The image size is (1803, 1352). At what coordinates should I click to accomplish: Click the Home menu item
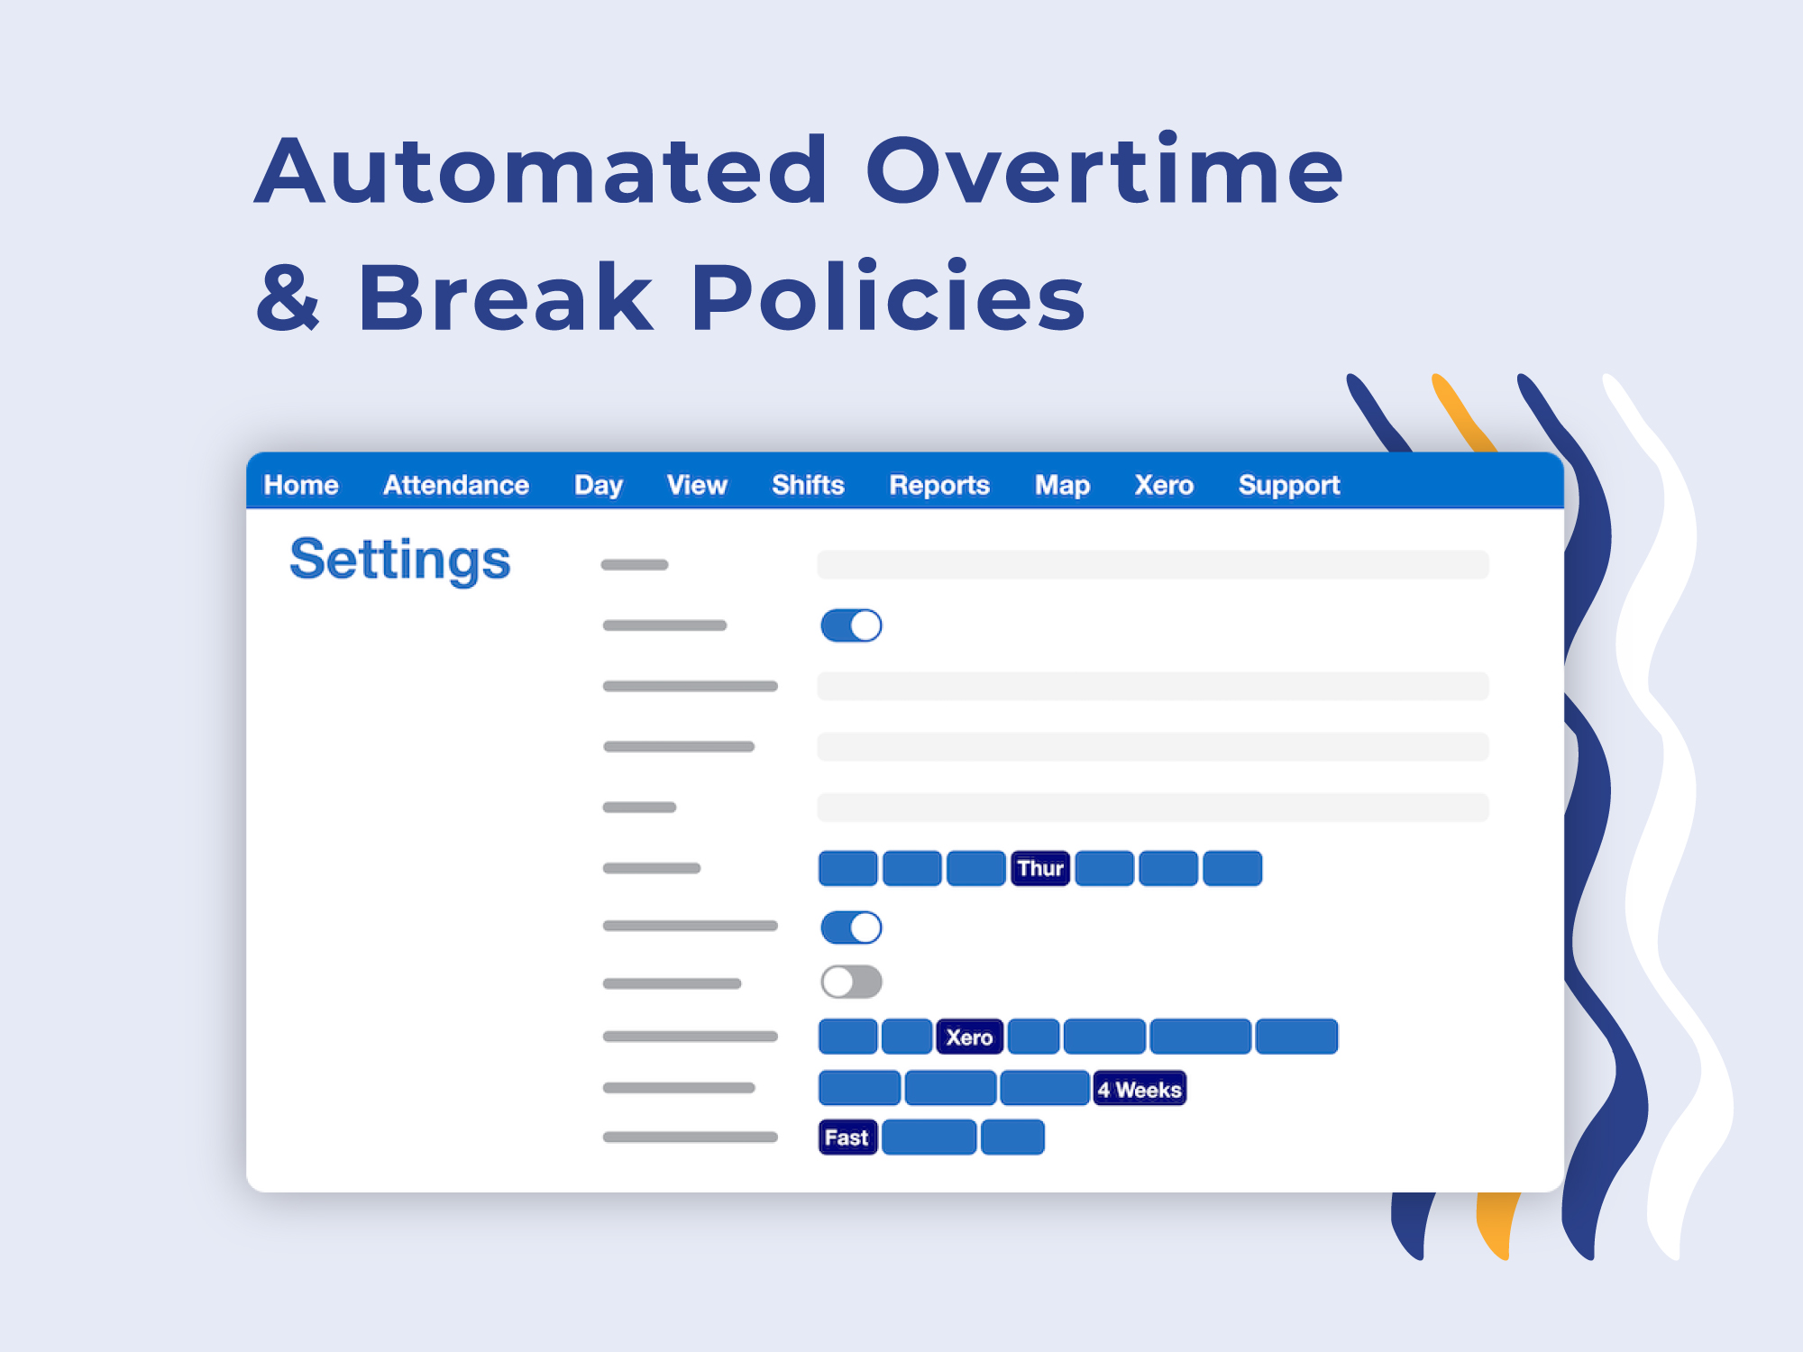coord(301,485)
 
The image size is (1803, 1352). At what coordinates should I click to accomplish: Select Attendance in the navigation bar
coord(456,485)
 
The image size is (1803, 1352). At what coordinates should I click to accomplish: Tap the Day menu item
coord(599,486)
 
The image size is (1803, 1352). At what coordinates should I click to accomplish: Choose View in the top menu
coord(697,485)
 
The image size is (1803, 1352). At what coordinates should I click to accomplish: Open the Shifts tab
coord(808,485)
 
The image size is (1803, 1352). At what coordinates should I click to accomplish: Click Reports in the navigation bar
coord(939,486)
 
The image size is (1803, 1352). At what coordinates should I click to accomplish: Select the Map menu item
coord(1062,486)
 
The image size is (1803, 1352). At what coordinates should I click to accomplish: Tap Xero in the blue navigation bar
coord(1164,485)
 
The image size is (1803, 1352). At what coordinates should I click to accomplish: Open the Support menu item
coord(1289,486)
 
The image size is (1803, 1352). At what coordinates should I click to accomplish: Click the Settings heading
coord(400,561)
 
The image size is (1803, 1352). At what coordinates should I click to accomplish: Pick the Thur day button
coord(1040,868)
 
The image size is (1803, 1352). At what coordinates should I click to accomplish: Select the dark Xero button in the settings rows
coord(969,1037)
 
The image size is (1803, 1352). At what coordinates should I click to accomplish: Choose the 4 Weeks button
coord(1139,1089)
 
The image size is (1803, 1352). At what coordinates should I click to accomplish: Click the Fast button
coord(847,1137)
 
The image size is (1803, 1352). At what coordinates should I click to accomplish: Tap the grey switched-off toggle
coord(851,982)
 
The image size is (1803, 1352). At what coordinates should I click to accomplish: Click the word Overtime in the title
coord(1104,169)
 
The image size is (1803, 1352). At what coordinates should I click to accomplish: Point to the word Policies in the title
coord(888,297)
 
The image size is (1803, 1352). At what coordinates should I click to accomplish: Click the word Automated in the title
coord(541,169)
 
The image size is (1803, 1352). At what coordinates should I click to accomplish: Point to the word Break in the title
coord(506,297)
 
